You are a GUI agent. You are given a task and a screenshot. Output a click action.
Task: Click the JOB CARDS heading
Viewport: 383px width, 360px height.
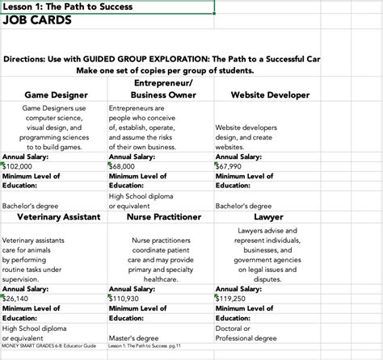(37, 22)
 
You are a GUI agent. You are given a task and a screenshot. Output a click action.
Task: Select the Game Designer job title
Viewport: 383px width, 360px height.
(57, 94)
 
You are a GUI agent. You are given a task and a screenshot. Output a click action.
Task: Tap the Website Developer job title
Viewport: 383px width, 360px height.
(270, 94)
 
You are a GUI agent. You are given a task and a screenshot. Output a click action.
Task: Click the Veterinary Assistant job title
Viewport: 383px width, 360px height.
(54, 217)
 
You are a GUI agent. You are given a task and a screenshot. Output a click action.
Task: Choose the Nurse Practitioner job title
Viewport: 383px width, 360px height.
(164, 217)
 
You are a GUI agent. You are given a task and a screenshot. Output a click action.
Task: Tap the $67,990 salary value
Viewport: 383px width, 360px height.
(230, 165)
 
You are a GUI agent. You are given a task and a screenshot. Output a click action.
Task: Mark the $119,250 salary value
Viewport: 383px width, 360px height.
(232, 298)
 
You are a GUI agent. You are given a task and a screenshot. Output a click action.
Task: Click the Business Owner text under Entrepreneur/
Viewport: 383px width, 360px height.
(163, 94)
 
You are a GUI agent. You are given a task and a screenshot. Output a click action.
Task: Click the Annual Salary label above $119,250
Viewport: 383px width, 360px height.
(239, 288)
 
